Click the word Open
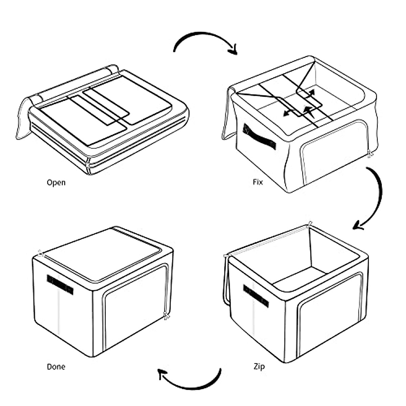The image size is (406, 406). [56, 183]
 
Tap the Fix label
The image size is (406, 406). [257, 182]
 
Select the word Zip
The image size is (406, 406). [259, 366]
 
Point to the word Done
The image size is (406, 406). [56, 367]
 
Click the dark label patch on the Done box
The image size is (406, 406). [60, 284]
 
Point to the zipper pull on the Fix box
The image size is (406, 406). [370, 154]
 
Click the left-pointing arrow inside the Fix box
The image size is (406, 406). [288, 114]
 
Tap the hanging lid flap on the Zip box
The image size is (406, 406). [226, 281]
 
